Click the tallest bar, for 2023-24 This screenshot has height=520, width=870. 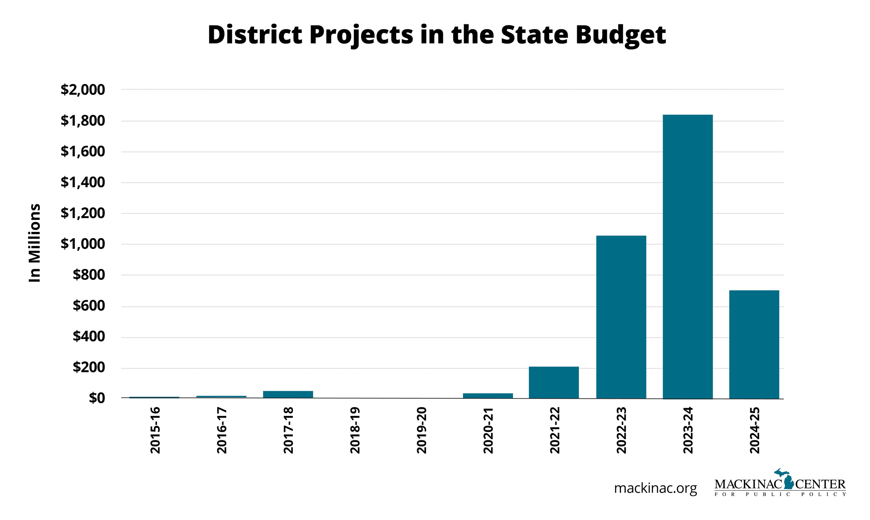(687, 257)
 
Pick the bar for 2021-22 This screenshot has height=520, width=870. (554, 382)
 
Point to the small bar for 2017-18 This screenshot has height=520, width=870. (288, 394)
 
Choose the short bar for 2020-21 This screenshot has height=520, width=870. (488, 396)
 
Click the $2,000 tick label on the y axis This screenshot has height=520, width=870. (83, 90)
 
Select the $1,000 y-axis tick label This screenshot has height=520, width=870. (83, 244)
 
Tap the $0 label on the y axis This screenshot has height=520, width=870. (97, 398)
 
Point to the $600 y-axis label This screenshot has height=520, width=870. (89, 306)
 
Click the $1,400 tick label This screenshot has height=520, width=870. (83, 182)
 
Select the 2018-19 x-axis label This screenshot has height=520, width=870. (355, 430)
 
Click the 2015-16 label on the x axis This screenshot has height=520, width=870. (155, 430)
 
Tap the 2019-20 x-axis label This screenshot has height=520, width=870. (422, 430)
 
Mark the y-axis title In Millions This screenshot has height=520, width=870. (35, 243)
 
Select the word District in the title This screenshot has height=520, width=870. (255, 35)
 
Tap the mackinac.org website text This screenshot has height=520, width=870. (655, 488)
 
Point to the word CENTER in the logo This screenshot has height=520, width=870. (820, 484)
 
